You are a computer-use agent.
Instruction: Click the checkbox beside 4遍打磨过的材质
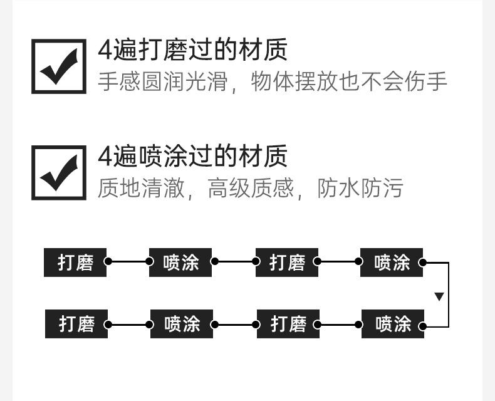click(59, 66)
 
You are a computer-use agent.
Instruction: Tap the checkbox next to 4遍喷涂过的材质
click(59, 172)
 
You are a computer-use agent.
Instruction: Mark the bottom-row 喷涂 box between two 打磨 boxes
click(182, 324)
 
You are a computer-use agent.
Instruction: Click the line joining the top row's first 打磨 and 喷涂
click(128, 262)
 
